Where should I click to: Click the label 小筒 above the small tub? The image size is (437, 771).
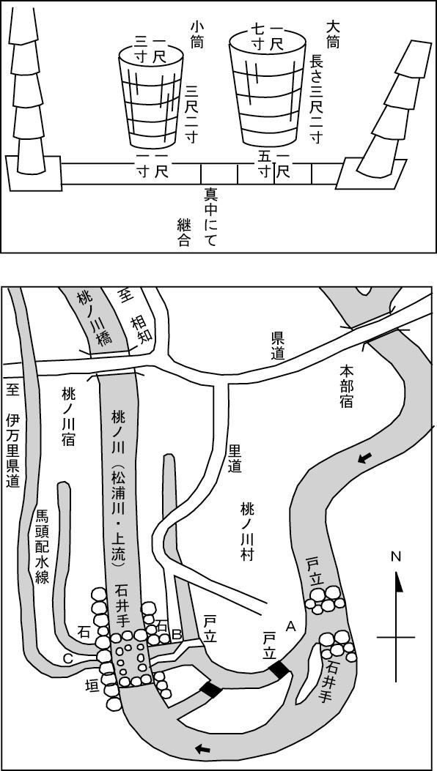[x=198, y=34]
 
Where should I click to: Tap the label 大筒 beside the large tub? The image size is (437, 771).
[x=333, y=34]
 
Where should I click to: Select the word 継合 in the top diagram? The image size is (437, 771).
[x=184, y=233]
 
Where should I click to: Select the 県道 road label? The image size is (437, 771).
[x=278, y=344]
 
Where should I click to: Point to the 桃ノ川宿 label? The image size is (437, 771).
[x=68, y=415]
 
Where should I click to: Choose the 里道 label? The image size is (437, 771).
[x=235, y=458]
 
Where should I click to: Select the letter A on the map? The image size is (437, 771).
[x=290, y=626]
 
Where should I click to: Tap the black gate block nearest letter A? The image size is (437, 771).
[x=279, y=670]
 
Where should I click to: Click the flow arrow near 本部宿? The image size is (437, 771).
[x=364, y=459]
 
